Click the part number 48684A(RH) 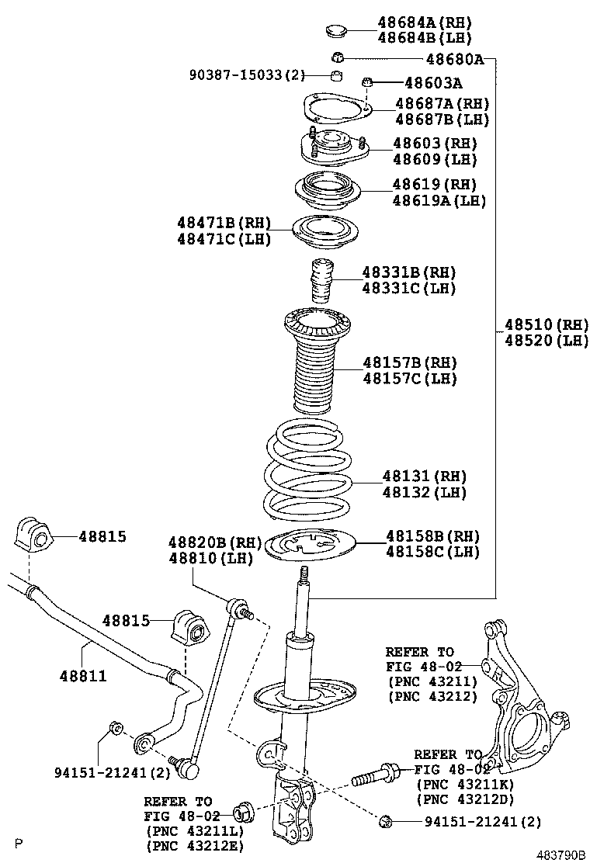coord(425,23)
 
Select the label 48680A coord(454,59)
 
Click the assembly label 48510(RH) coord(546,324)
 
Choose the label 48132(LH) coord(424,492)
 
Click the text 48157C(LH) coord(409,379)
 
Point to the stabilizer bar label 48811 coord(83,676)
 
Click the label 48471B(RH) coord(224,224)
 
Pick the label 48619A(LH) coord(439,200)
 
